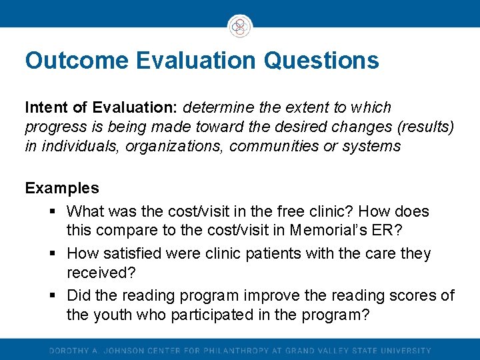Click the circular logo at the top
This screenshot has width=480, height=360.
[240, 26]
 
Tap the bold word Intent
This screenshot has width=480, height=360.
[46, 107]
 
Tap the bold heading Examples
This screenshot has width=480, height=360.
[62, 188]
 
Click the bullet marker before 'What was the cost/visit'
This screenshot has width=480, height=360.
[53, 212]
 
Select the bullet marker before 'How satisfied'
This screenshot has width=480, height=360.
[53, 254]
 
